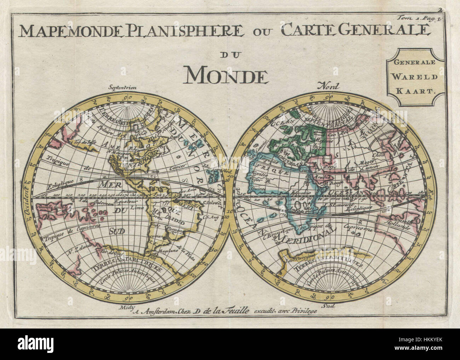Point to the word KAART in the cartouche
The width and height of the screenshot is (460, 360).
coord(415,90)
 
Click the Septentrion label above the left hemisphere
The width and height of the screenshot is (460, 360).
coord(123,88)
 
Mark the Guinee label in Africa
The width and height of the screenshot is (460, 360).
coord(257,189)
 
